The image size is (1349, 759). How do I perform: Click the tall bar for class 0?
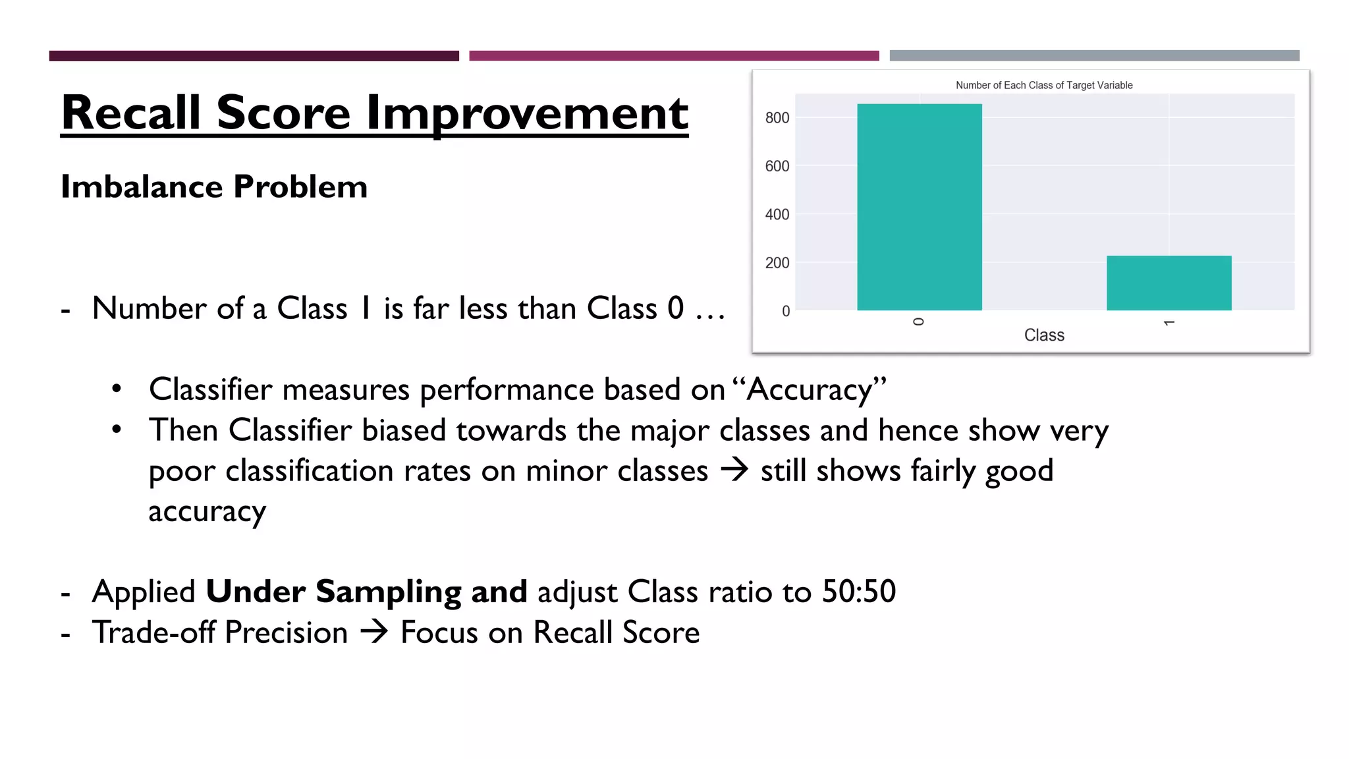pos(919,207)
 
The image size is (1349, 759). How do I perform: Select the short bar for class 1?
pos(1169,283)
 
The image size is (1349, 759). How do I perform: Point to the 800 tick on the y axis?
pos(777,118)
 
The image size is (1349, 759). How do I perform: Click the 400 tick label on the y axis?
pos(777,214)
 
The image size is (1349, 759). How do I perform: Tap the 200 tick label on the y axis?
pos(777,263)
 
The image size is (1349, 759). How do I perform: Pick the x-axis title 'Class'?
pos(1044,335)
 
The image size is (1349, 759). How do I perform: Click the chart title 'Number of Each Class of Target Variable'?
pos(1044,85)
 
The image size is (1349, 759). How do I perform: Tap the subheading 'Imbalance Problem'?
pos(214,186)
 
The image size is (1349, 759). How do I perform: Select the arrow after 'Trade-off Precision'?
pos(374,632)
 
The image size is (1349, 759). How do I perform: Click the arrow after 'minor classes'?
pos(734,470)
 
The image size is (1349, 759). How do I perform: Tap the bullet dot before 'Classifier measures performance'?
pos(117,389)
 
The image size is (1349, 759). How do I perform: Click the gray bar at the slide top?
pos(1094,55)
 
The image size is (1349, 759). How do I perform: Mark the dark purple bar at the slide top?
pos(254,55)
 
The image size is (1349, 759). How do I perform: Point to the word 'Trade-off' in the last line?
pos(153,632)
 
